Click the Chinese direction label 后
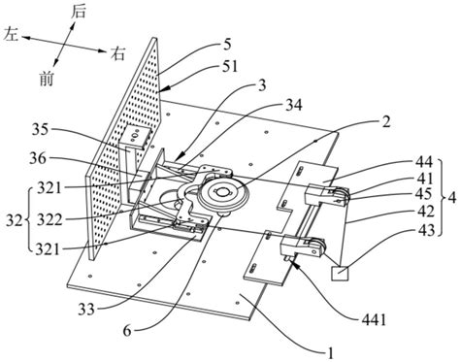(x=78, y=12)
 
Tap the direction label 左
(x=11, y=34)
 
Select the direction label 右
(x=117, y=53)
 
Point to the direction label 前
(x=47, y=79)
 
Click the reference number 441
(x=374, y=320)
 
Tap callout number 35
(x=40, y=130)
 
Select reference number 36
(x=38, y=158)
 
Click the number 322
(x=49, y=220)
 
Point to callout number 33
(x=86, y=310)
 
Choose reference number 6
(x=127, y=331)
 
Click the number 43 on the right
(x=425, y=230)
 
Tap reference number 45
(x=424, y=193)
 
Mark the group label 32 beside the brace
(x=15, y=220)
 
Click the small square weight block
(x=340, y=274)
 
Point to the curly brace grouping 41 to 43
(x=443, y=197)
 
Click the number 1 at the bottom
(x=330, y=352)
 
